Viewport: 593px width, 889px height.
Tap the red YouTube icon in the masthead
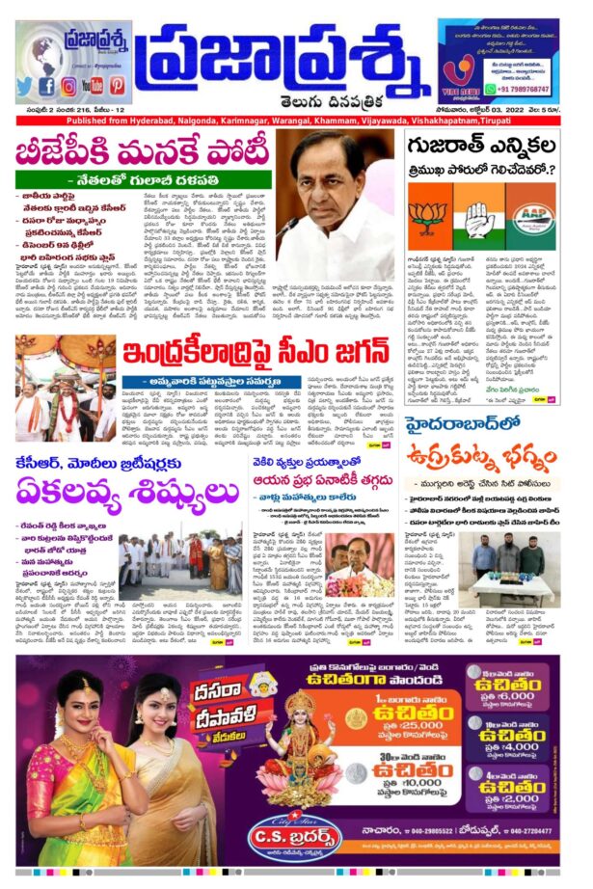(93, 86)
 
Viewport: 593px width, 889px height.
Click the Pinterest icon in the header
(117, 86)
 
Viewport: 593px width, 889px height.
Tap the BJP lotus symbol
(425, 215)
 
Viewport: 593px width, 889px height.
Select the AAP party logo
(532, 218)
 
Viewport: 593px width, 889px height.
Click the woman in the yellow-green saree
(67, 771)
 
